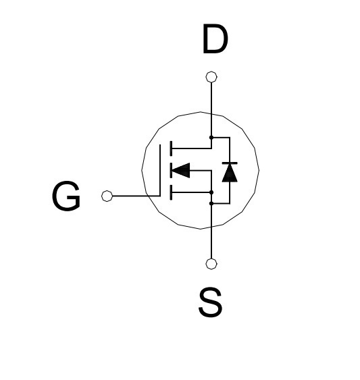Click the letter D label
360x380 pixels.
pos(215,38)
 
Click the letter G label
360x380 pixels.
pos(66,196)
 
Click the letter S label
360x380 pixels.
pos(210,302)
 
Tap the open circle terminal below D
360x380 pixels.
pos(211,77)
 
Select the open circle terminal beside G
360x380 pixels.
pos(107,196)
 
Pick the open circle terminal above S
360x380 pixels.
pos(211,264)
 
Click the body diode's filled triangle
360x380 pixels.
pos(230,173)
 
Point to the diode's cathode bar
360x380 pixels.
pos(230,163)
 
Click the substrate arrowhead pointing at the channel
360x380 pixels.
pos(181,170)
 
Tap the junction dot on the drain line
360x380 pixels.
pos(211,138)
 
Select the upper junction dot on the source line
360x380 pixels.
pos(211,192)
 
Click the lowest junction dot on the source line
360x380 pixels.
pos(211,203)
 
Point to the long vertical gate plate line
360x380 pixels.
pos(160,170)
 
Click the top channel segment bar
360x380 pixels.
pos(172,148)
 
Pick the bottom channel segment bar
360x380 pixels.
pos(172,192)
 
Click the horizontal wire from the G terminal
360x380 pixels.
pos(136,196)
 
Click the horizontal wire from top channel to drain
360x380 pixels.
pos(192,148)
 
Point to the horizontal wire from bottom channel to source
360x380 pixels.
pos(191,192)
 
